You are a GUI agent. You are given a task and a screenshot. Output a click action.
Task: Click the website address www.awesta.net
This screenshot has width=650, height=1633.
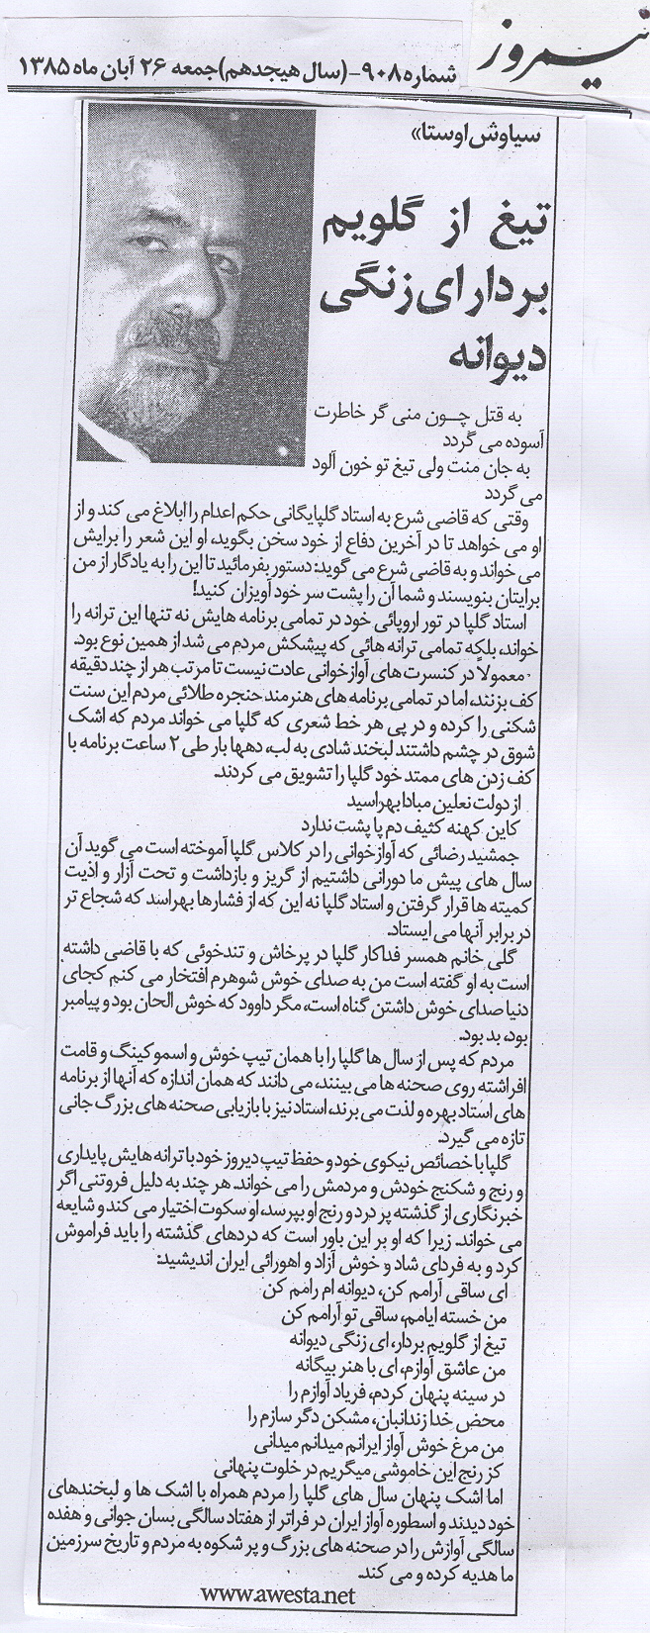point(276,1594)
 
